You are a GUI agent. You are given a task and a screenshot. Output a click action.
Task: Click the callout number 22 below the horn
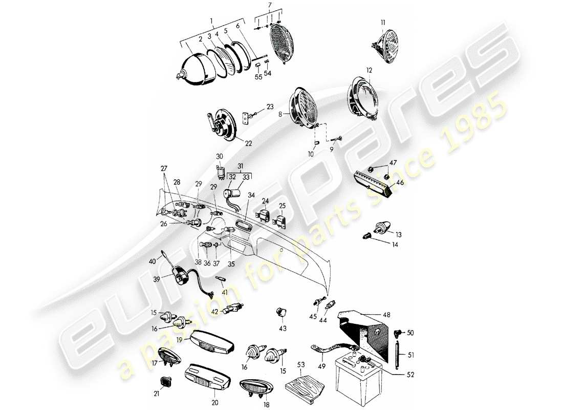[x=248, y=143]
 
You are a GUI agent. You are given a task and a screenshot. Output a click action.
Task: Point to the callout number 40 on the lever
[x=151, y=261]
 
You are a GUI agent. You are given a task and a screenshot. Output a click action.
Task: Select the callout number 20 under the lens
[x=214, y=402]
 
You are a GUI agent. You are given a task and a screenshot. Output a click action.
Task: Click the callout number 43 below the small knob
[x=283, y=327]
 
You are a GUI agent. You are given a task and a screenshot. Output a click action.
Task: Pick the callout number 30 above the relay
[x=220, y=156]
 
